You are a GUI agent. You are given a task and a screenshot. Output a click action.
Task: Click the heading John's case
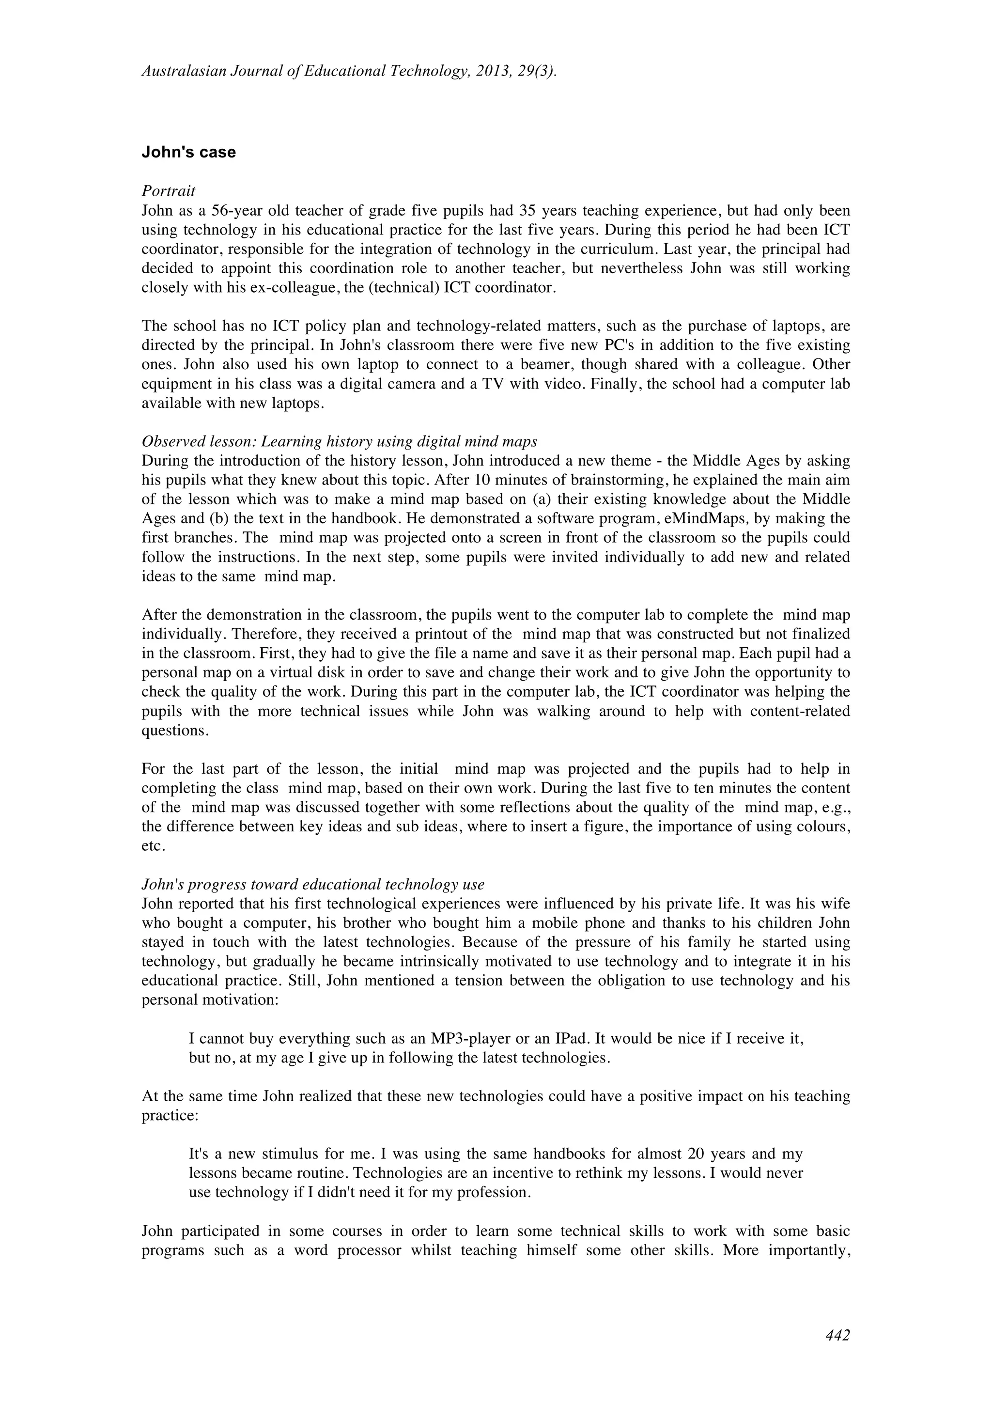coord(188,152)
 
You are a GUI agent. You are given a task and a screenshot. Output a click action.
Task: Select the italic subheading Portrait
coord(168,191)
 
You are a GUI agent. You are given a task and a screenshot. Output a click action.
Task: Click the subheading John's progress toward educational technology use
coord(312,884)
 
